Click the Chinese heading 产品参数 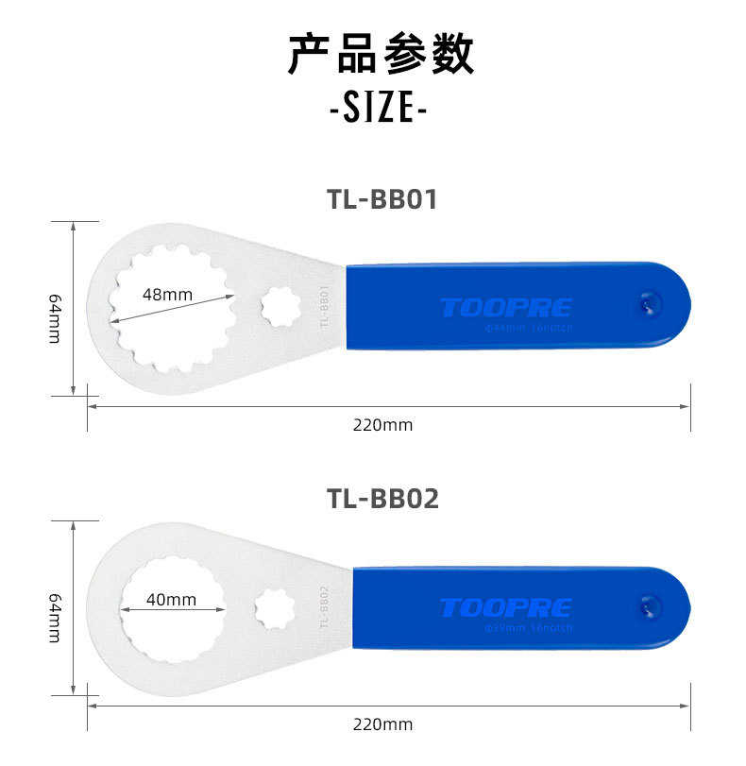point(380,56)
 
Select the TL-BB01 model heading point(382,199)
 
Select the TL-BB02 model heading point(382,498)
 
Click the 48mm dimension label point(167,295)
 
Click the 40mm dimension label point(172,600)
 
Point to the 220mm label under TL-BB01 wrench point(382,425)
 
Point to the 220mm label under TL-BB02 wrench point(382,725)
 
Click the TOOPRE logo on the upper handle point(505,308)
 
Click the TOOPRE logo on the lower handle point(505,607)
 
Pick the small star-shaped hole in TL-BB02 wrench point(275,608)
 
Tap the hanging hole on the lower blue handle point(650,605)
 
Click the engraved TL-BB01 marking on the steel point(323,307)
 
